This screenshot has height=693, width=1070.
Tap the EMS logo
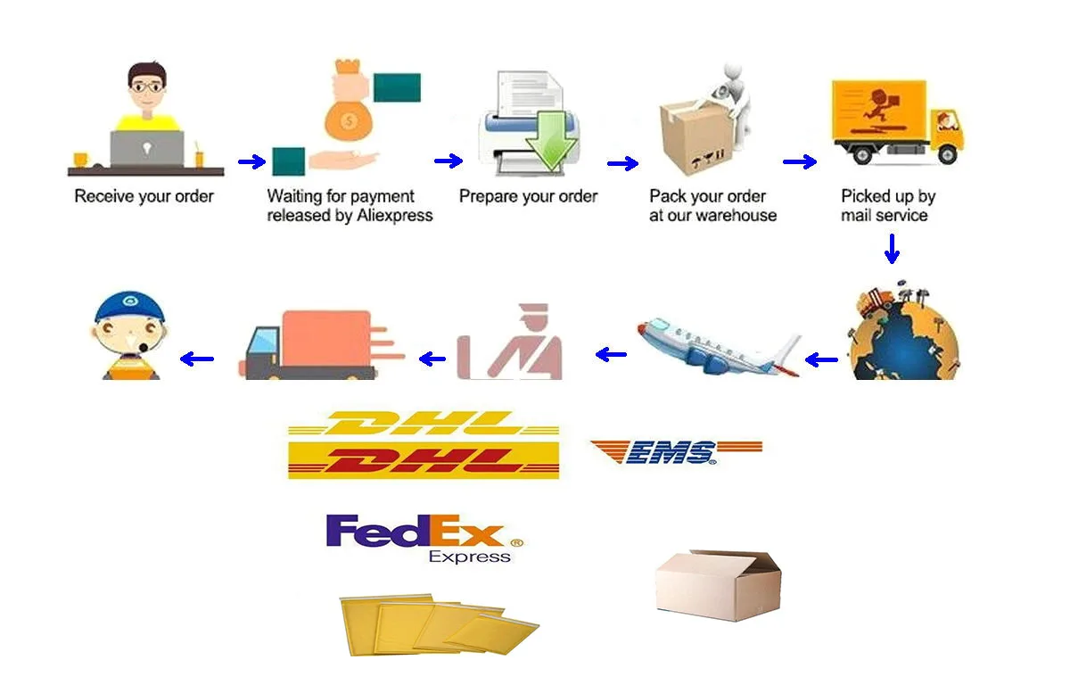(x=676, y=452)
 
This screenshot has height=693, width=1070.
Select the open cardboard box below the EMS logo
(x=718, y=581)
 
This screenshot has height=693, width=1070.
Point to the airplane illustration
(x=719, y=349)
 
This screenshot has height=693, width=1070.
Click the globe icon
(x=902, y=334)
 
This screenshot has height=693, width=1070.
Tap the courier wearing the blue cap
(x=130, y=336)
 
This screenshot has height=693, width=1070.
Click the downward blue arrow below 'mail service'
(x=891, y=248)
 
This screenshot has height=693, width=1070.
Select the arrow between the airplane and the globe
(x=821, y=360)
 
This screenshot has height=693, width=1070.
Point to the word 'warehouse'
(x=737, y=216)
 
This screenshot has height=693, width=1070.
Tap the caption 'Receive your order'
(x=144, y=196)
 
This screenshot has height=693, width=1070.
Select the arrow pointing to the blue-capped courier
(x=197, y=359)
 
